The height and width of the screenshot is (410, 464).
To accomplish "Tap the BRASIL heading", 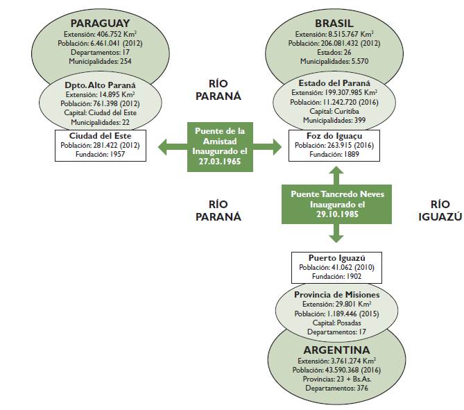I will click(334, 23).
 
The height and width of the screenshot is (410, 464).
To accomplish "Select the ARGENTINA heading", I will click(336, 350).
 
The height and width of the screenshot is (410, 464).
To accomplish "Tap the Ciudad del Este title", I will click(101, 135).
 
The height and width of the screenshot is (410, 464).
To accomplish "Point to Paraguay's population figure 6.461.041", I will click(101, 42).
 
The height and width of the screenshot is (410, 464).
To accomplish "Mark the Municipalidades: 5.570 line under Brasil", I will click(334, 61).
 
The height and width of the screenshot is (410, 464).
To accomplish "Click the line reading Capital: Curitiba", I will click(334, 110).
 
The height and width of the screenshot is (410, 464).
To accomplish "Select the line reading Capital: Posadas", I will click(336, 323).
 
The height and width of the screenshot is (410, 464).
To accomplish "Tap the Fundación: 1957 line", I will click(101, 155).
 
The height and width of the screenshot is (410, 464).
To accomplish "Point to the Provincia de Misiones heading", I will click(336, 294).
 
